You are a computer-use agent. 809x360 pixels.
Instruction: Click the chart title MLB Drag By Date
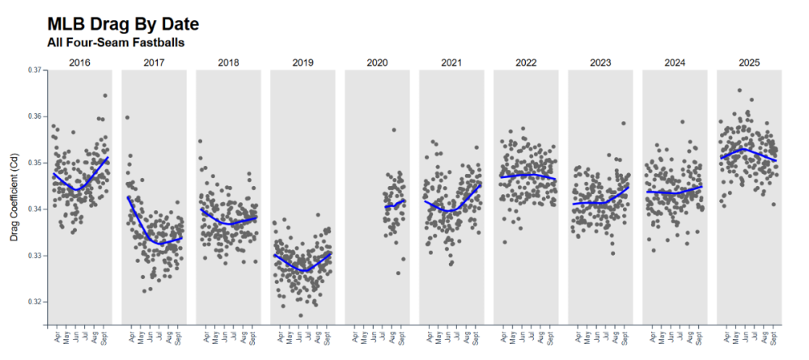(123, 23)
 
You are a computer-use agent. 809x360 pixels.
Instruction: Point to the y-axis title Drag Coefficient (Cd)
(14, 198)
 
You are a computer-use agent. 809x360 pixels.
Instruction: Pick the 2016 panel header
(79, 62)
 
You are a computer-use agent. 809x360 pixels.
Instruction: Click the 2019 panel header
(303, 62)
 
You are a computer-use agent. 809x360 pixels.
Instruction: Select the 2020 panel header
(377, 62)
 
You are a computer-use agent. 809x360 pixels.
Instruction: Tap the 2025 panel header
(749, 62)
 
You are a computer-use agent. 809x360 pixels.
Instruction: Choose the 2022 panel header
(526, 62)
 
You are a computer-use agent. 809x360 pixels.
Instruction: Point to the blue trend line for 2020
(395, 204)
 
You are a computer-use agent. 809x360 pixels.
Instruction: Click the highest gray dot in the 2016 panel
(105, 95)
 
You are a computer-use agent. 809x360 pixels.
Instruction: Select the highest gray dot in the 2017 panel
(127, 117)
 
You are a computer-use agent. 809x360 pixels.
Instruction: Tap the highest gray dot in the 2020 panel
(394, 129)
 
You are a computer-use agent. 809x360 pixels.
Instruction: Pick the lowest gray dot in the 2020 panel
(397, 273)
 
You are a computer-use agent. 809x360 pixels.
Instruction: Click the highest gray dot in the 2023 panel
(624, 124)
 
